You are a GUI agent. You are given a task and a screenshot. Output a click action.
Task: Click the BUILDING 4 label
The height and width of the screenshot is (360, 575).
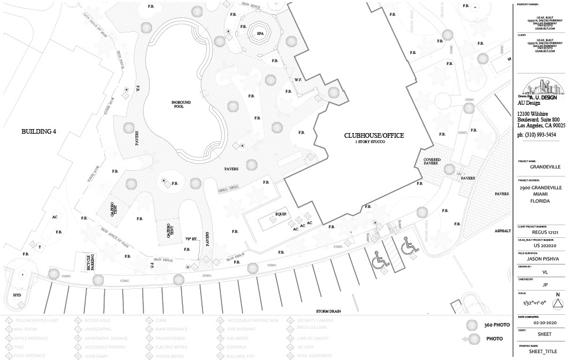(39, 132)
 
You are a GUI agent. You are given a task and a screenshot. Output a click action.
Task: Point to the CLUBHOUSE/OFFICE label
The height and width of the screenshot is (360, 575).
(374, 136)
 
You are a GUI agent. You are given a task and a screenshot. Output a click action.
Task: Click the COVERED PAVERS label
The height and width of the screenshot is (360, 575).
(433, 161)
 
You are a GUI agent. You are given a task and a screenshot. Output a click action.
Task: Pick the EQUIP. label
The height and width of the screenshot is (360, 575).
(282, 214)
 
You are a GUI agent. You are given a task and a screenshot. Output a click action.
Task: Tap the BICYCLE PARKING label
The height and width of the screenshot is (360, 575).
(90, 262)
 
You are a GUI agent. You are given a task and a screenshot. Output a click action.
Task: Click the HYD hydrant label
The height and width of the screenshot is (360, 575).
(16, 295)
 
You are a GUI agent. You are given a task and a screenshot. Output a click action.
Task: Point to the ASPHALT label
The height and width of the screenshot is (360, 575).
(502, 230)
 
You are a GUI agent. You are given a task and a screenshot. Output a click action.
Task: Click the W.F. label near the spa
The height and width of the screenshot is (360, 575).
(298, 80)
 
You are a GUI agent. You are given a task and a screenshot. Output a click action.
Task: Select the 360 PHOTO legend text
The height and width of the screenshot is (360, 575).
(497, 325)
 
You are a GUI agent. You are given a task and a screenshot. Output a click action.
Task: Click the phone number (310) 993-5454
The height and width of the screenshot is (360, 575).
(537, 135)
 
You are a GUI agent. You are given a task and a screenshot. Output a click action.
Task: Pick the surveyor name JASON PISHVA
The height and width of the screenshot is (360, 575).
(541, 260)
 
